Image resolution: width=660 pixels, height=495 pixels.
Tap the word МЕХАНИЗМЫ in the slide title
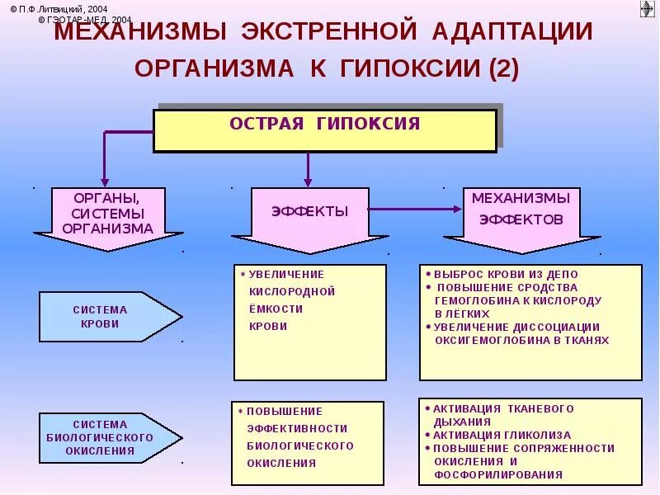click(x=140, y=32)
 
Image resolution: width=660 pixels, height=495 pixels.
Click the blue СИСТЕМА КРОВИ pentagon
click(x=107, y=317)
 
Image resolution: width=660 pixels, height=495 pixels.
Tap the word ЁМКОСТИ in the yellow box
click(x=276, y=309)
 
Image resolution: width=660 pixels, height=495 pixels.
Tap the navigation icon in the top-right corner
click(x=647, y=9)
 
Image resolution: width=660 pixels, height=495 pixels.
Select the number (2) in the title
click(x=503, y=68)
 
